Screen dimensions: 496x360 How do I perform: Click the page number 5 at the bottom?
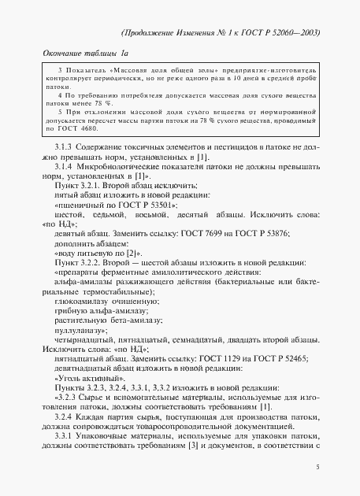pyautogui.click(x=317, y=467)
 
